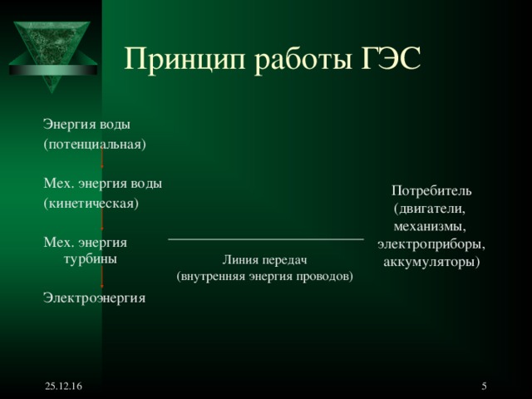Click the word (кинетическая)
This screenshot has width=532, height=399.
[x=91, y=203]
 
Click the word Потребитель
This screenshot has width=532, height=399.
[x=431, y=190]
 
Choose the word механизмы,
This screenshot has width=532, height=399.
[x=430, y=226]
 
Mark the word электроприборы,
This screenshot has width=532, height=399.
[x=431, y=244]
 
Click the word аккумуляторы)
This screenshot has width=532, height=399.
[x=431, y=262]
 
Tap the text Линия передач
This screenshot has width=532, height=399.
[x=265, y=260]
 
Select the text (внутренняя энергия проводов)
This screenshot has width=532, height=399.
[x=265, y=275]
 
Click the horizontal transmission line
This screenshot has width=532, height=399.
[x=265, y=239]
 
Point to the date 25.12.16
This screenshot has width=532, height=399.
[x=58, y=388]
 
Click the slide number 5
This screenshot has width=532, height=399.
[x=485, y=387]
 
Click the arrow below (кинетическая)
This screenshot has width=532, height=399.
[x=102, y=219]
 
